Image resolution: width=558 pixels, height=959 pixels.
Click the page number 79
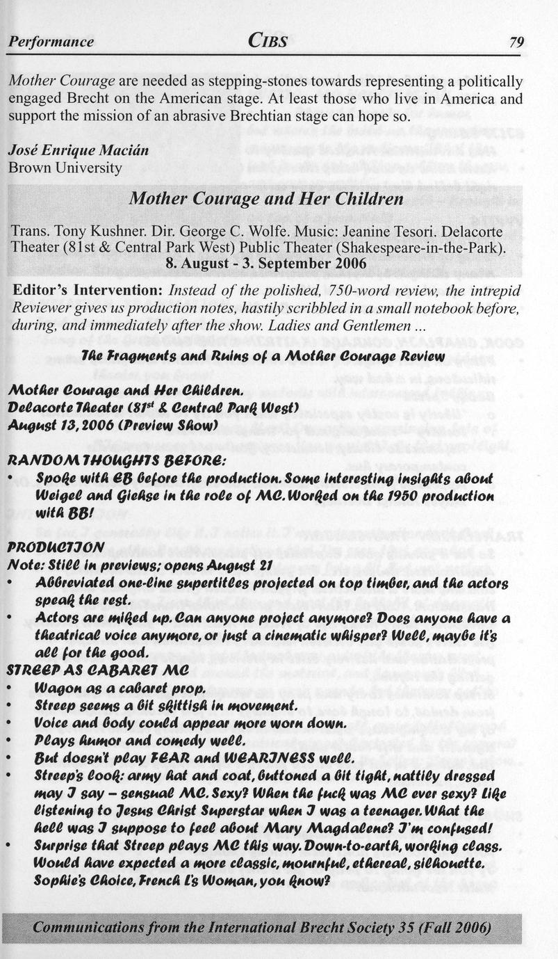click(516, 42)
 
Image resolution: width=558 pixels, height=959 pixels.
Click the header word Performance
click(51, 42)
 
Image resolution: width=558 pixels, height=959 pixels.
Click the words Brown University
click(65, 167)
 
